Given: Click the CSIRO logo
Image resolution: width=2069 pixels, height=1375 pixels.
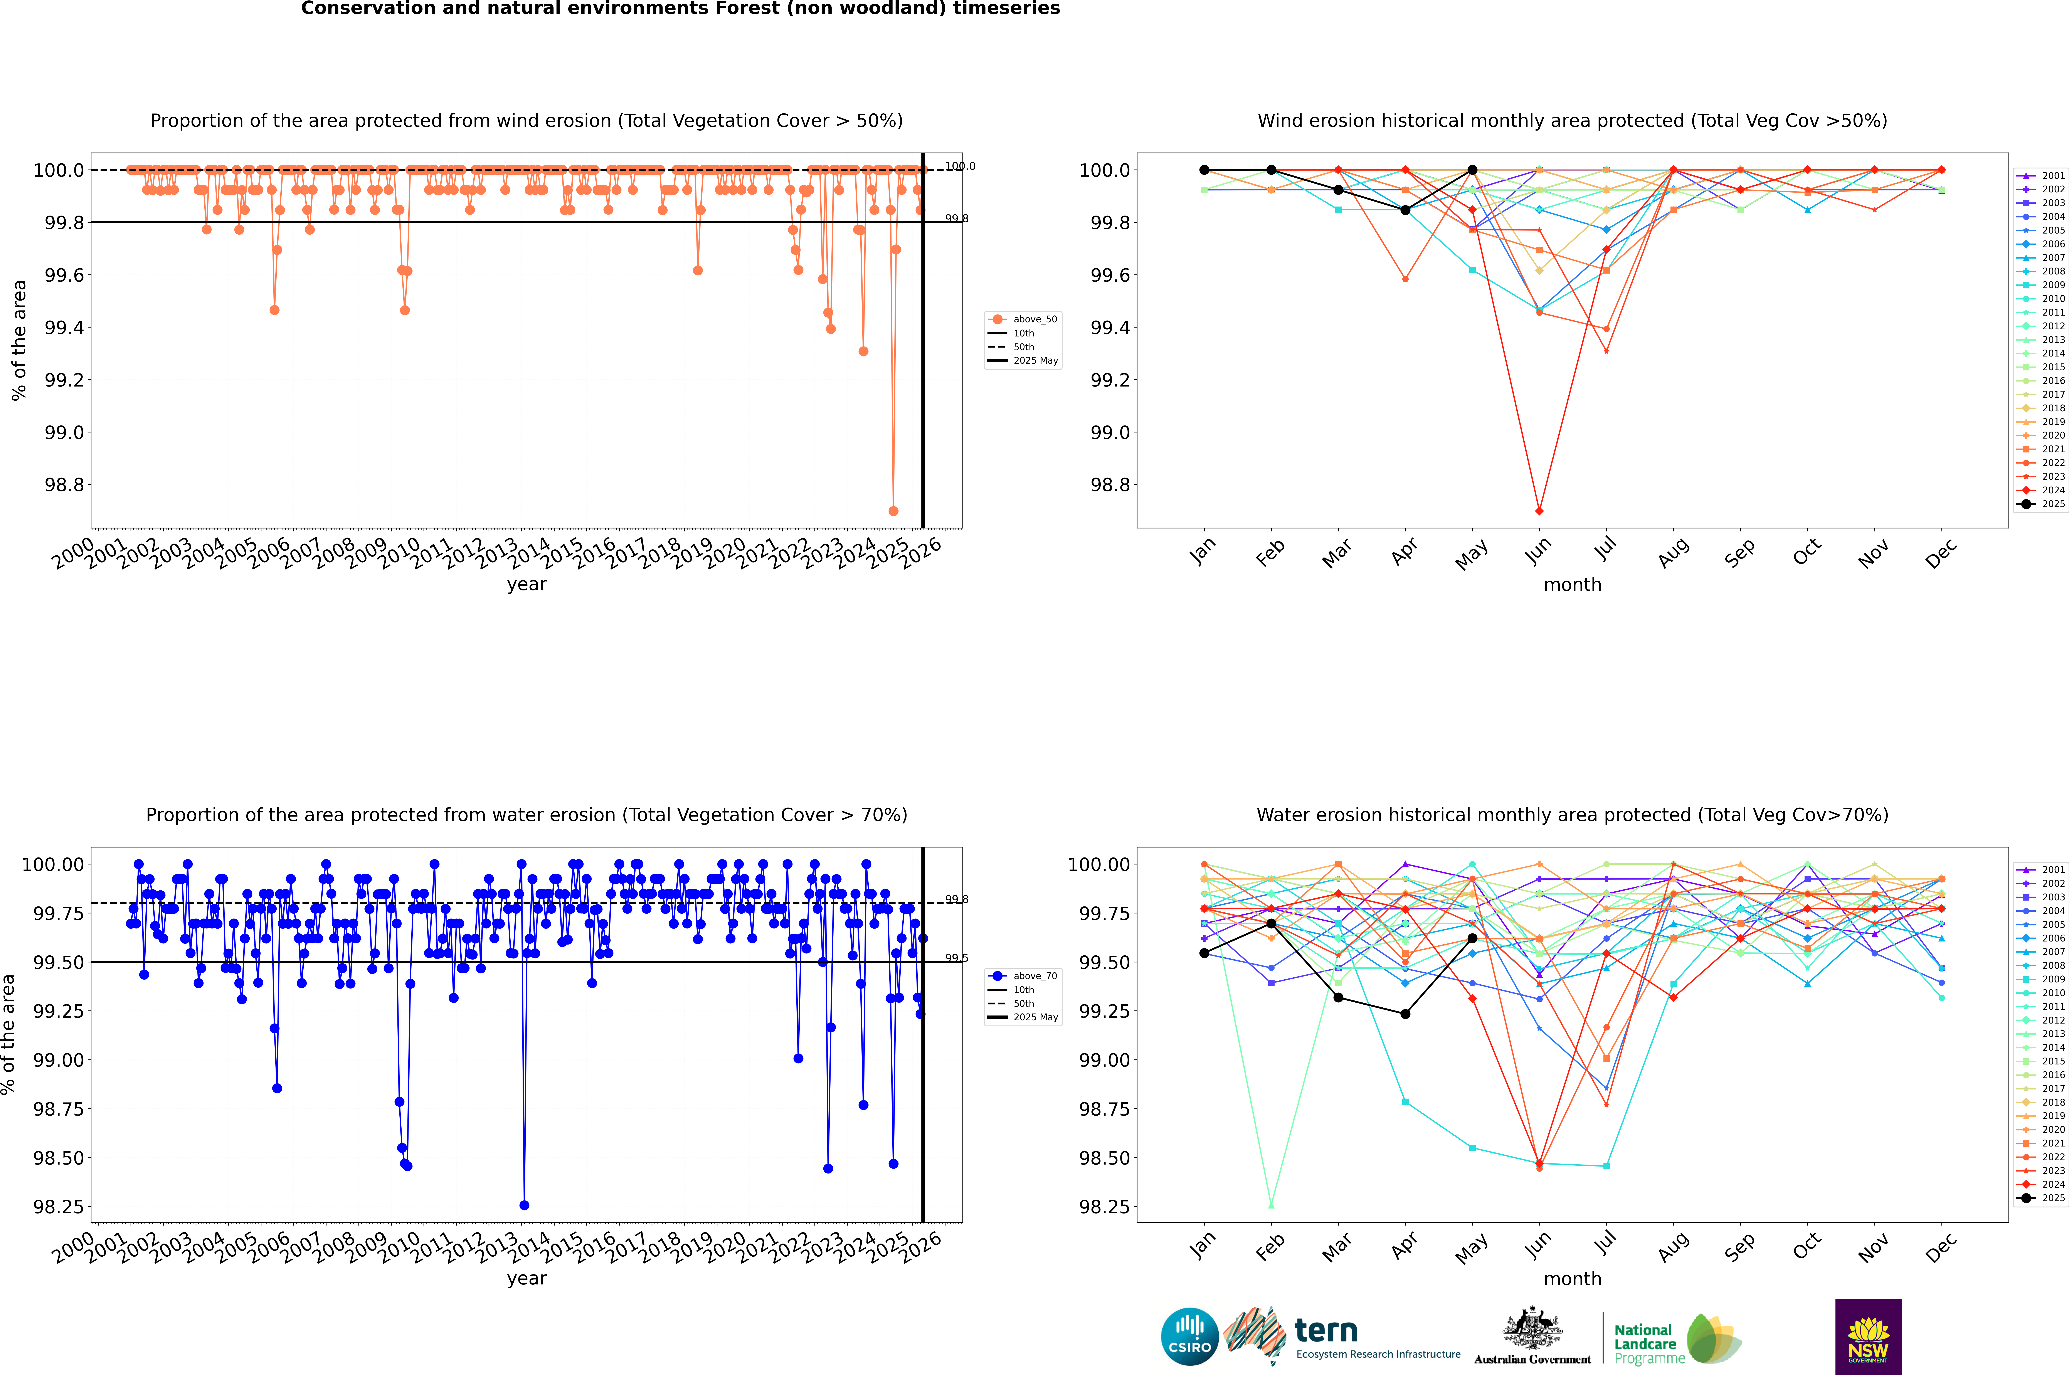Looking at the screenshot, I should click(1189, 1336).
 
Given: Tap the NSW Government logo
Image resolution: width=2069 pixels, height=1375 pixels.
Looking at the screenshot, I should click(1868, 1336).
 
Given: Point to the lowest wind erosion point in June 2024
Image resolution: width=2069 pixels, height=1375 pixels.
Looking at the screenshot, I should click(1539, 510).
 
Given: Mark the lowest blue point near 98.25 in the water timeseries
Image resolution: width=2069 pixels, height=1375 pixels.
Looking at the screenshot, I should click(525, 1205).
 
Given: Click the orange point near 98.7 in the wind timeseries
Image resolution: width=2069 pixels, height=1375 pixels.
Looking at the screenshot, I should click(893, 510).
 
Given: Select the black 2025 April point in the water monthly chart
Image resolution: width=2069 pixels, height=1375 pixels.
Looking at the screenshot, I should click(1405, 1014).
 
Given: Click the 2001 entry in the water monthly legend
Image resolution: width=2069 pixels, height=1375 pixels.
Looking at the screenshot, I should click(2044, 870).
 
